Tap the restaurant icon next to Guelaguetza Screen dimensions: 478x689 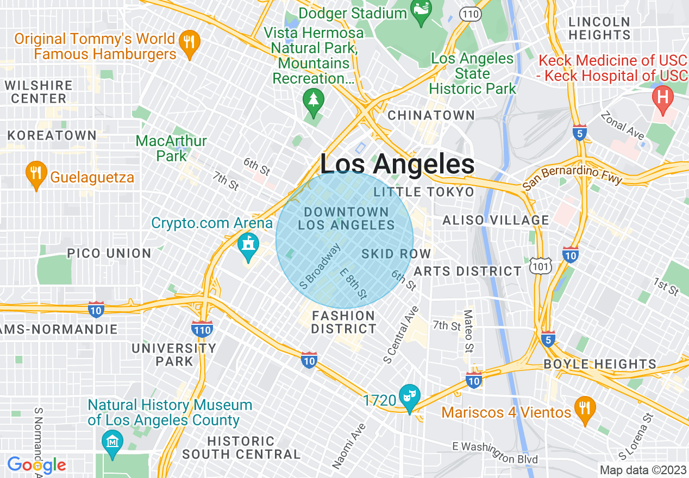tap(36, 173)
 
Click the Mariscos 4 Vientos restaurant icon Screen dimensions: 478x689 tap(585, 408)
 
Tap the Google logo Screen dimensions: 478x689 tap(37, 466)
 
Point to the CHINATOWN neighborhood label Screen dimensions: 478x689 tap(431, 115)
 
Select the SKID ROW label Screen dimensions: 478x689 tap(396, 254)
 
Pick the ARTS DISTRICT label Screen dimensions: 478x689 tap(468, 271)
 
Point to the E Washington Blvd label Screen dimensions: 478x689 tap(495, 452)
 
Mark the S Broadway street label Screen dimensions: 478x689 tap(321, 266)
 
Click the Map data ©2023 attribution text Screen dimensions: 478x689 tap(642, 470)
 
